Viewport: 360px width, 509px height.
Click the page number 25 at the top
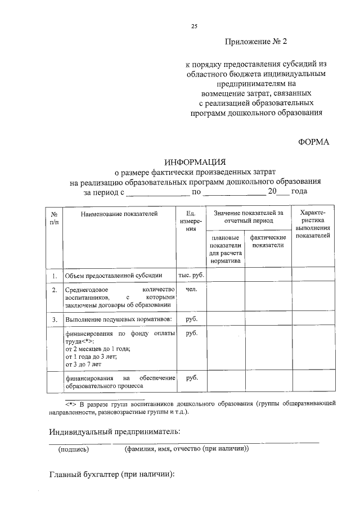coord(194,26)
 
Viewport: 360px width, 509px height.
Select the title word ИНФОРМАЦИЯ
coord(194,161)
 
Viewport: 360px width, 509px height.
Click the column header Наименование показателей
coord(119,214)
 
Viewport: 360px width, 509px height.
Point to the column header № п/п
coord(54,218)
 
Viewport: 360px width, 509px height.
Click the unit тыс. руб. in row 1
coord(191,276)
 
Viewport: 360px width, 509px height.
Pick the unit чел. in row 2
coord(191,289)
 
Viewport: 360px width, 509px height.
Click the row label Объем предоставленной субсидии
coord(114,276)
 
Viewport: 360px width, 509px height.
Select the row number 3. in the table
coord(54,319)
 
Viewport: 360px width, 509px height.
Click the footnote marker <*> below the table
coord(70,404)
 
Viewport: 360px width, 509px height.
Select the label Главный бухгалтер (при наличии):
coord(112,474)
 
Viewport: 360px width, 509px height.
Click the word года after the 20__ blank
coord(299,192)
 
